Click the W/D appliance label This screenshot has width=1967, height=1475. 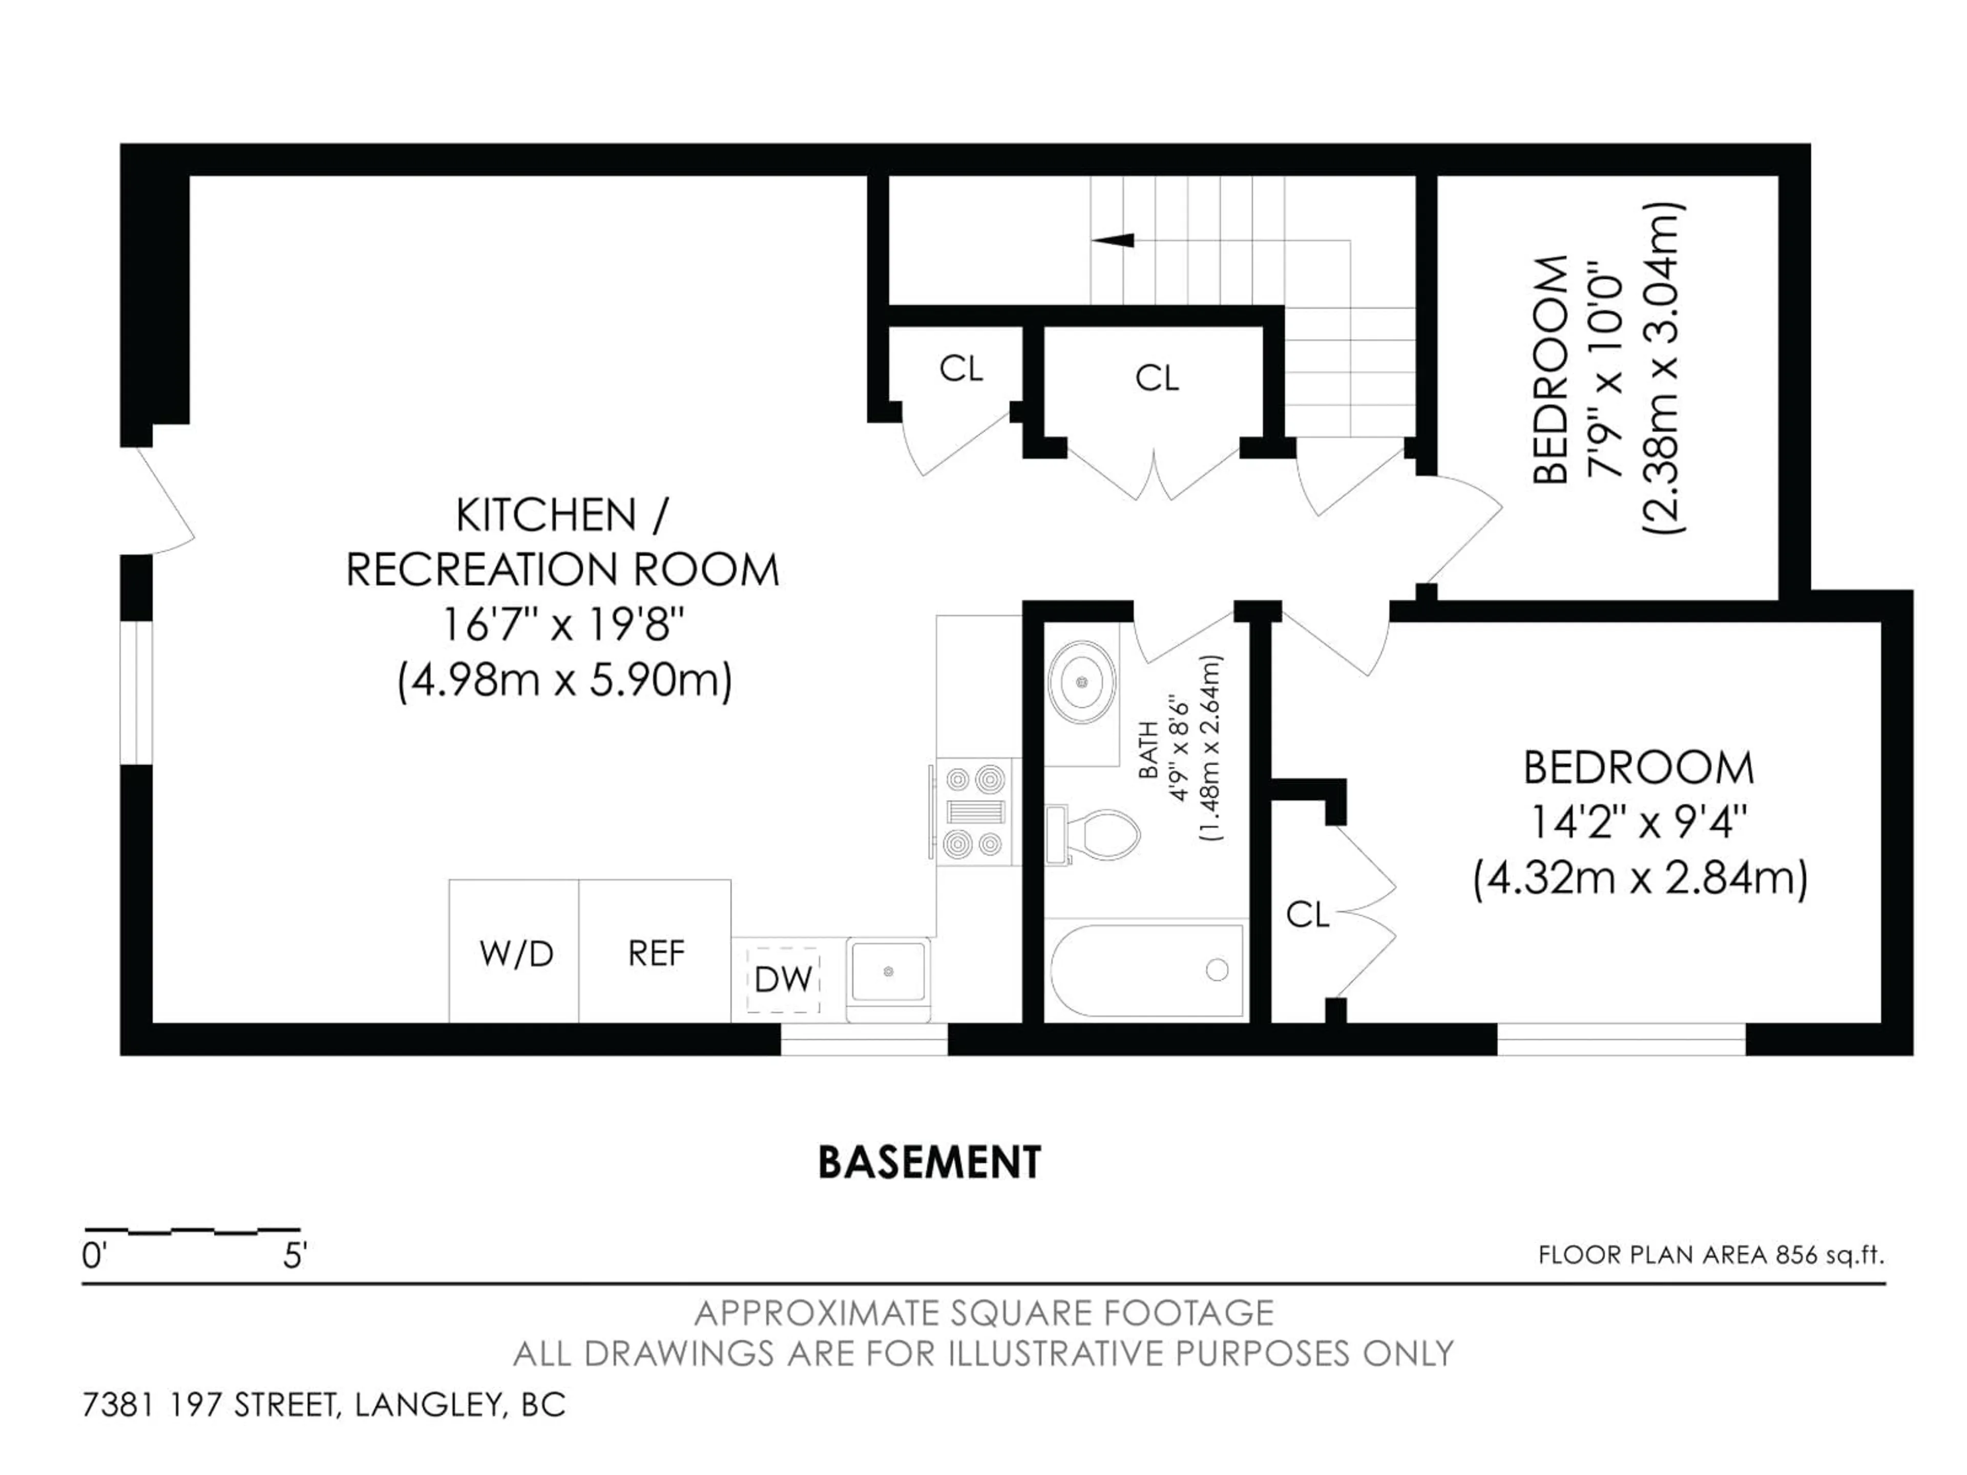pyautogui.click(x=516, y=954)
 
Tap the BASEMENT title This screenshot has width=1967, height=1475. pyautogui.click(x=929, y=1163)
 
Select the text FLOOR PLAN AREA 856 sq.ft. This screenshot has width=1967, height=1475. pyautogui.click(x=1711, y=1255)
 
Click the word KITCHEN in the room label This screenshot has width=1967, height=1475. pyautogui.click(x=546, y=516)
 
